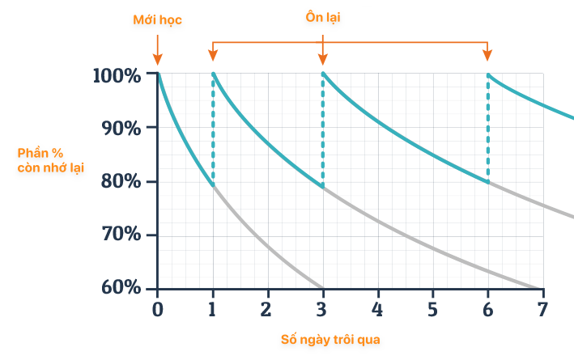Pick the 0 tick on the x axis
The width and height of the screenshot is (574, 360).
coord(158,308)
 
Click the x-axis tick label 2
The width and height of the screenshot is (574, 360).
coord(266,308)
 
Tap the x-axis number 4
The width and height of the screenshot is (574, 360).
coord(377,308)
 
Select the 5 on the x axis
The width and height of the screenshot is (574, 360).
coord(432,308)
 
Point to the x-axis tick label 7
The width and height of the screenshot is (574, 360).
coord(542,308)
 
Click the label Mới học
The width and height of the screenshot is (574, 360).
coord(157,18)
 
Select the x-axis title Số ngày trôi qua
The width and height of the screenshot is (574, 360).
coord(330,340)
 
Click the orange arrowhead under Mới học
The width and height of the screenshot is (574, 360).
coord(158,59)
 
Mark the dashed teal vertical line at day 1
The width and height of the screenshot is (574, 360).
coord(213,129)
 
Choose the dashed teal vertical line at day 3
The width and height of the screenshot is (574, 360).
coord(323,129)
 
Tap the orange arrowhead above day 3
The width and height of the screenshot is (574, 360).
coord(323,57)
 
